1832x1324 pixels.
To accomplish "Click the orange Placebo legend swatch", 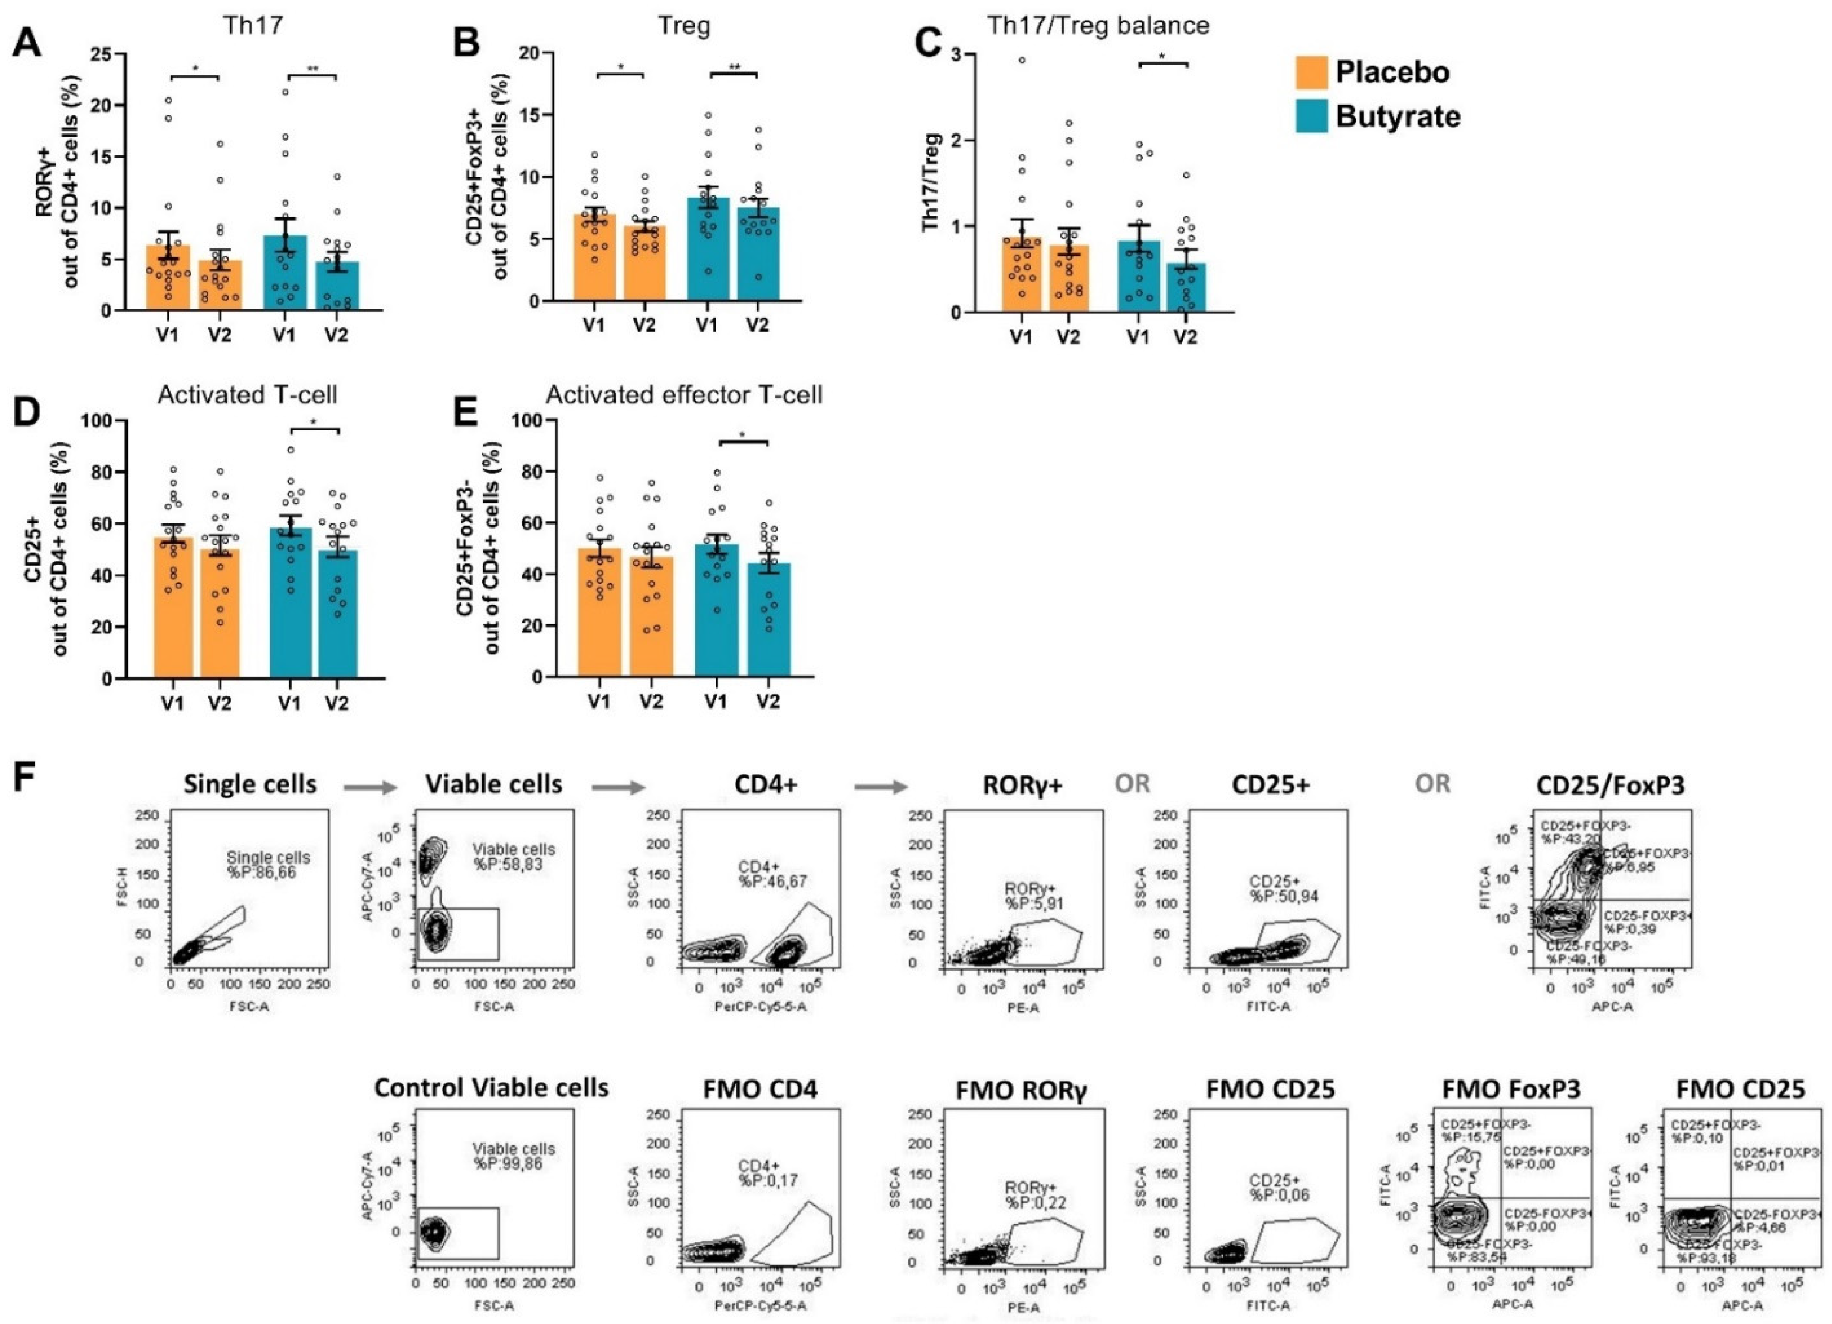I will tap(1312, 72).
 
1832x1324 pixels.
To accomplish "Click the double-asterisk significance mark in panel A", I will tap(312, 69).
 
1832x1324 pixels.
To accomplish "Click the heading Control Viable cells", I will tap(491, 1087).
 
